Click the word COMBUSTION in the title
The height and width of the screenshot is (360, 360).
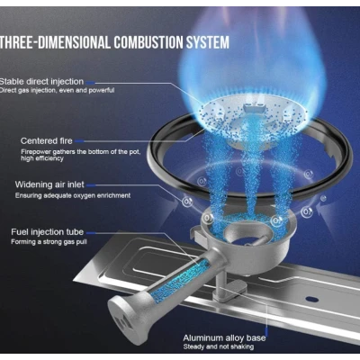[148, 42]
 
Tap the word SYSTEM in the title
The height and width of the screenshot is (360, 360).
[208, 42]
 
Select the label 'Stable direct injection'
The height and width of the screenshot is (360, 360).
[41, 82]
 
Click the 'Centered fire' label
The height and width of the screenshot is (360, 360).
[47, 140]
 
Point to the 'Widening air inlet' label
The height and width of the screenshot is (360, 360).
[49, 184]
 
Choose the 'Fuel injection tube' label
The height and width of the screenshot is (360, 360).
[48, 232]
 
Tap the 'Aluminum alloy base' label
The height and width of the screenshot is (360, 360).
[224, 338]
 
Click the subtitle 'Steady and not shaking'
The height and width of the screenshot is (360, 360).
[219, 346]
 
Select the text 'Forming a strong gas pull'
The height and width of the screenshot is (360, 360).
[49, 242]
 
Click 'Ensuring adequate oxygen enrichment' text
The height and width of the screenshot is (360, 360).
[73, 195]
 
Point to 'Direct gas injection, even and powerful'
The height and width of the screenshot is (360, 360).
[57, 90]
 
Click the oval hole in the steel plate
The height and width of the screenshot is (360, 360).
[312, 299]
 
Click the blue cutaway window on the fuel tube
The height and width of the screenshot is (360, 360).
[180, 277]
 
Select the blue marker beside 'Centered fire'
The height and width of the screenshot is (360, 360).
[79, 141]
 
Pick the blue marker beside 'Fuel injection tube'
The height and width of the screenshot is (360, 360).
[91, 232]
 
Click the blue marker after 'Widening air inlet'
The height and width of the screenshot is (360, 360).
[91, 185]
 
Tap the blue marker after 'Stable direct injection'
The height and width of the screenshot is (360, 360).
[90, 82]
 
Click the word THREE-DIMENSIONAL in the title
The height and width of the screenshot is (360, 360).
[55, 42]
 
